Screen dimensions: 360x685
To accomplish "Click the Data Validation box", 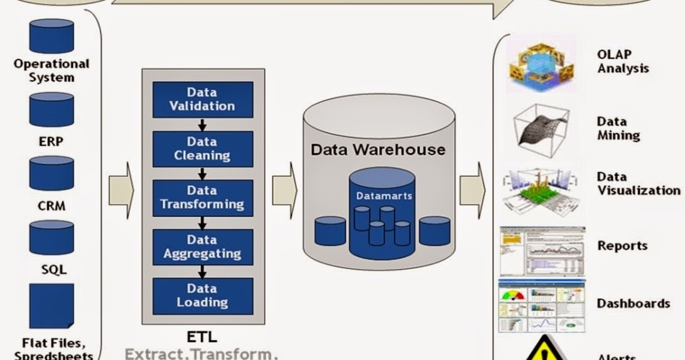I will point(202,99).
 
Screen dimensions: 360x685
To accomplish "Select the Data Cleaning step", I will point(202,148).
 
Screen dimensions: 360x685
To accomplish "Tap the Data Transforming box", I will point(202,197).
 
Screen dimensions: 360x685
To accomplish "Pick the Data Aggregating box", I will point(202,247).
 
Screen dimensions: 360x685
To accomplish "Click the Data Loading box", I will point(202,295).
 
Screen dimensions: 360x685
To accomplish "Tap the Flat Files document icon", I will point(51,306).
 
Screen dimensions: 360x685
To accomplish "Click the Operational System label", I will point(51,70).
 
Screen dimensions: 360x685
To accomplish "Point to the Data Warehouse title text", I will point(378,150).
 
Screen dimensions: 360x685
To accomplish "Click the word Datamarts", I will point(384,196).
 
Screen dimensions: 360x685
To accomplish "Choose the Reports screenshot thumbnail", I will point(541,251).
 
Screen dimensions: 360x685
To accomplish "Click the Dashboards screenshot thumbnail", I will point(541,306).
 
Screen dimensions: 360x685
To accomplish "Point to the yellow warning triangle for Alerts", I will point(541,349).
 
